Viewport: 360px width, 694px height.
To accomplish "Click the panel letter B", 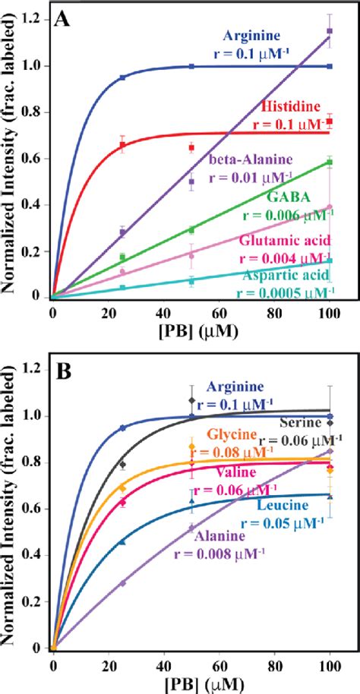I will tap(64, 373).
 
